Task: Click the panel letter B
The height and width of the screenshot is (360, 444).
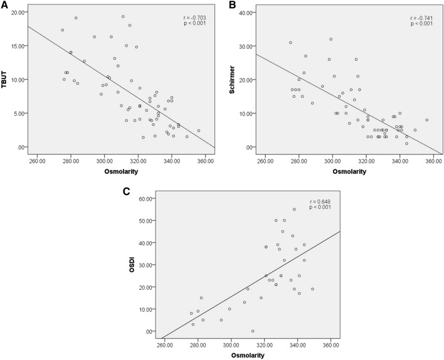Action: pos(232,6)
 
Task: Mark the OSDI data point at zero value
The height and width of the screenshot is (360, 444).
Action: pos(253,331)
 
